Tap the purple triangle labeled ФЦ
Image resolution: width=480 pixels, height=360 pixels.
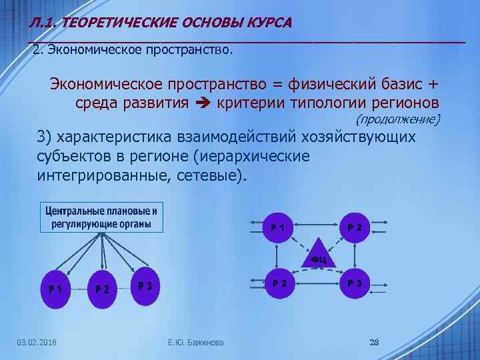318,254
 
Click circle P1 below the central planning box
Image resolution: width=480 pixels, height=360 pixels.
56,289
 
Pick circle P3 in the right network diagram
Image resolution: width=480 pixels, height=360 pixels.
354,283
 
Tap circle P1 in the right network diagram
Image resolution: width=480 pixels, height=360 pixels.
279,227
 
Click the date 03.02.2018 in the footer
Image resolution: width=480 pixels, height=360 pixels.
37,343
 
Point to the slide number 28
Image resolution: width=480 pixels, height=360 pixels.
374,343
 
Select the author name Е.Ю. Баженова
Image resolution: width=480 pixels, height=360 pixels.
197,343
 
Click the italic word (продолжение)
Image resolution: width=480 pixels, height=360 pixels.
398,119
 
